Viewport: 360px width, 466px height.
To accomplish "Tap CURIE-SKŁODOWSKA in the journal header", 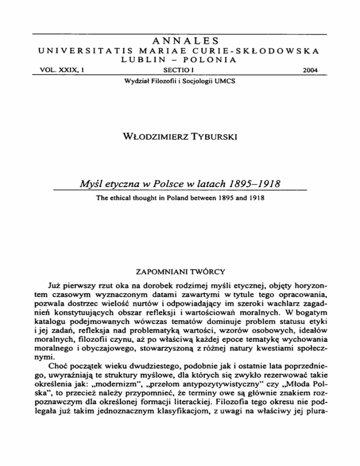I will [270, 50].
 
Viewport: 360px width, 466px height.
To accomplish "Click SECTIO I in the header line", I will [180, 71].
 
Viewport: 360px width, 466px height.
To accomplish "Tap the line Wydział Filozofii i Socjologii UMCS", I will [180, 82].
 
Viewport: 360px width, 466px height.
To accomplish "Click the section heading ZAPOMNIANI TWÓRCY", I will [180, 271].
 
